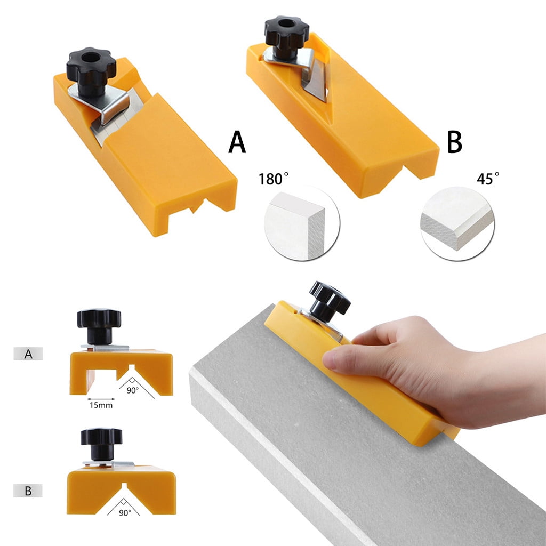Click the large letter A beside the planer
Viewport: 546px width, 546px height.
click(237, 142)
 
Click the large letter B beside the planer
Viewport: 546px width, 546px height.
click(454, 142)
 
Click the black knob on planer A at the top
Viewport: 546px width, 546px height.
click(91, 69)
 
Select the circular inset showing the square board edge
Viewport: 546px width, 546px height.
click(302, 223)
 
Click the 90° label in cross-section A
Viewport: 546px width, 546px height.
click(132, 390)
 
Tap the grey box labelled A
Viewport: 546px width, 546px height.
click(28, 354)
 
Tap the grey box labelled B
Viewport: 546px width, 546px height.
click(28, 491)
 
